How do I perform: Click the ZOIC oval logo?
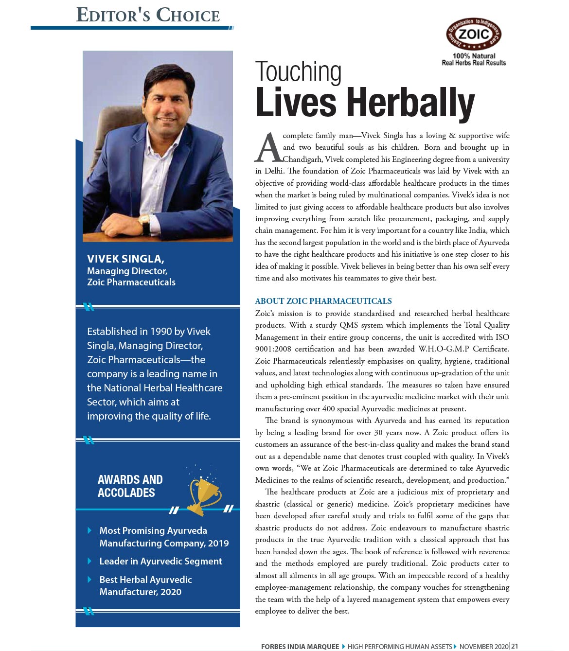click(474, 34)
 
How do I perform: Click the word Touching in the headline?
click(298, 72)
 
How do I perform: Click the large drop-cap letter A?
click(268, 148)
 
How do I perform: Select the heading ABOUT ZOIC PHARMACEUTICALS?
click(323, 301)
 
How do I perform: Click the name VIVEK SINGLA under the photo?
click(125, 259)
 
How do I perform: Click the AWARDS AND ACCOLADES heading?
click(130, 486)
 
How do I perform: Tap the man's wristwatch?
click(145, 226)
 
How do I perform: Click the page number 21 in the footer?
click(515, 646)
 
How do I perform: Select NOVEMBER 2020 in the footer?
click(483, 646)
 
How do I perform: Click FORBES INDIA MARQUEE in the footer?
click(300, 646)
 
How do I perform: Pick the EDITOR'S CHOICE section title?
click(148, 15)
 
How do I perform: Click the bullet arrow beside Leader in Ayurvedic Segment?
click(89, 561)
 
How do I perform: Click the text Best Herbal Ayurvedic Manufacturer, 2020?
click(145, 585)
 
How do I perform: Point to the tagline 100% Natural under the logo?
click(474, 56)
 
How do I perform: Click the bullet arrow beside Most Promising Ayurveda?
click(89, 530)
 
